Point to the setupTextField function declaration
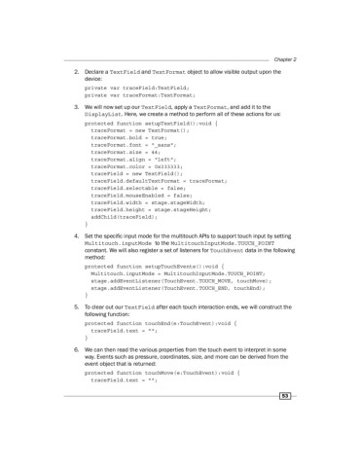coord(155,125)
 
